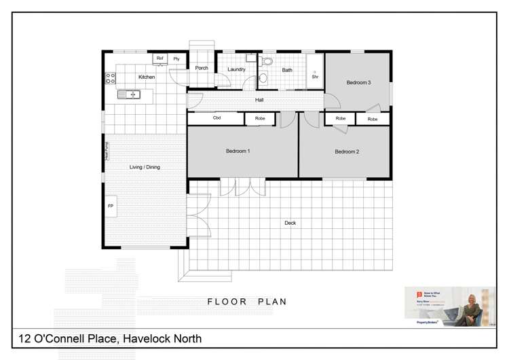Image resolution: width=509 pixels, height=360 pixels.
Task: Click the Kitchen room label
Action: [x=147, y=77]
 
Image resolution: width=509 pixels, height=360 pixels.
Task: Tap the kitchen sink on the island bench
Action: [x=128, y=94]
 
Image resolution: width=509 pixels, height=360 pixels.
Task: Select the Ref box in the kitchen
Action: [x=160, y=59]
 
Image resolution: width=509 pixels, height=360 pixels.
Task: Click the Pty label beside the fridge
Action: [x=176, y=59]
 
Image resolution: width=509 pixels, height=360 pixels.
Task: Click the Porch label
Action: [x=202, y=68]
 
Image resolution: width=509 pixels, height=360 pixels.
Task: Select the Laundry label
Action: [x=236, y=69]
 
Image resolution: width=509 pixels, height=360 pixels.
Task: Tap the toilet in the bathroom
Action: [x=267, y=61]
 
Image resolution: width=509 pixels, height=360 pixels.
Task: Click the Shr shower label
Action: [x=315, y=77]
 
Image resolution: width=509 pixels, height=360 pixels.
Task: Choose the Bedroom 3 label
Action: [x=358, y=83]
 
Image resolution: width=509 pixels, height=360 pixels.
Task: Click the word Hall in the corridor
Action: [x=259, y=100]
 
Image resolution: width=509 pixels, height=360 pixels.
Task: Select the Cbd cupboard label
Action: [x=216, y=119]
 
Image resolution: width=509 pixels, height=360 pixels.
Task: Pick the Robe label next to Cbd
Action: [x=260, y=119]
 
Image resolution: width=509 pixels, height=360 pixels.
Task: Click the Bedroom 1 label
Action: [x=238, y=151]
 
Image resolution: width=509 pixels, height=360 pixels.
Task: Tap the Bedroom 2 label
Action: [x=347, y=151]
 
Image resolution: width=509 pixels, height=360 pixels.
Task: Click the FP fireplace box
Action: [x=111, y=205]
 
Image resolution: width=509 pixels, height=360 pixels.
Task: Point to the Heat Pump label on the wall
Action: [x=107, y=151]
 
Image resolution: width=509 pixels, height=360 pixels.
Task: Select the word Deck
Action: [x=290, y=223]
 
